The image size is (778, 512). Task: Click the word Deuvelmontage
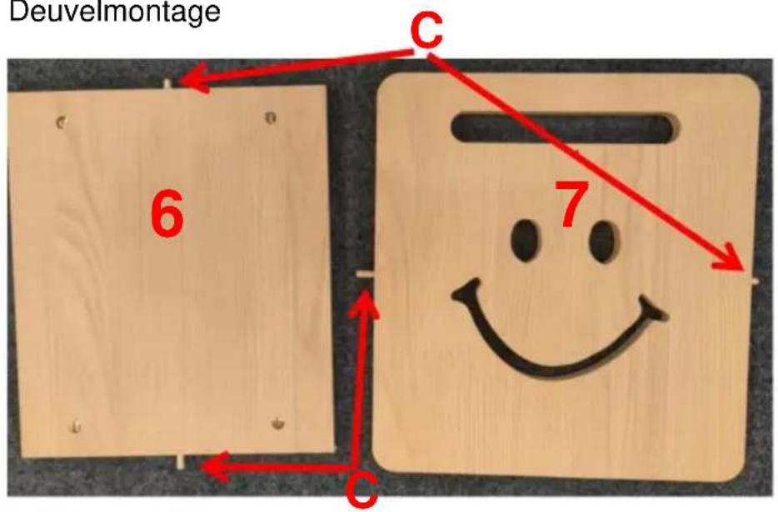tap(115, 12)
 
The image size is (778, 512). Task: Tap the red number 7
tap(572, 204)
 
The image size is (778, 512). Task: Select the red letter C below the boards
tap(362, 491)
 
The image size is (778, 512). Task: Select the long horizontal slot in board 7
tap(565, 128)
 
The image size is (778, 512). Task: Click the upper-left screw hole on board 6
tap(61, 122)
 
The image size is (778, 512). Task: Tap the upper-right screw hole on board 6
tap(271, 117)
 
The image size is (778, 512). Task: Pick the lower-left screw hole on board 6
tap(76, 426)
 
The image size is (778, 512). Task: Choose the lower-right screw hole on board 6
tap(278, 423)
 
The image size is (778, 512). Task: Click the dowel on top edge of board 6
tap(167, 83)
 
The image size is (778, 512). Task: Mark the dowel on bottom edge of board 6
tap(181, 461)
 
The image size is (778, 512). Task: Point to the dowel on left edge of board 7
tap(367, 276)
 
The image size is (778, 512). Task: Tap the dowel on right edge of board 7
tap(752, 281)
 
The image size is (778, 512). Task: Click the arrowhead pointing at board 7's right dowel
tap(730, 258)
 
